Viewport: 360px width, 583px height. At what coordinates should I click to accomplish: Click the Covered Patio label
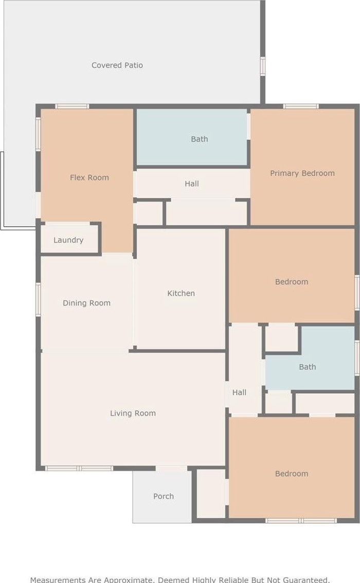pyautogui.click(x=117, y=65)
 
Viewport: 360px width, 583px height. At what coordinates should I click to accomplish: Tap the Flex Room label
pyautogui.click(x=89, y=177)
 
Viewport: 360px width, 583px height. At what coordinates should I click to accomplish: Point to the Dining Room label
pyautogui.click(x=86, y=303)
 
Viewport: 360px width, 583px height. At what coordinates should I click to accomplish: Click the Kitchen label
pyautogui.click(x=181, y=294)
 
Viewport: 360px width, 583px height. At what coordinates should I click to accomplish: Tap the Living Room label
pyautogui.click(x=133, y=413)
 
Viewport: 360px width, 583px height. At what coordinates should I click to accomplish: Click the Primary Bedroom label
pyautogui.click(x=302, y=173)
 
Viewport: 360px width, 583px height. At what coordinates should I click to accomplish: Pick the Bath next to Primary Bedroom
pyautogui.click(x=192, y=137)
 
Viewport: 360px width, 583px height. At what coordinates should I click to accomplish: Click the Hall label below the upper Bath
pyautogui.click(x=192, y=184)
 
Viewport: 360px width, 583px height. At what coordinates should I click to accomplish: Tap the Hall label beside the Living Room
pyautogui.click(x=240, y=392)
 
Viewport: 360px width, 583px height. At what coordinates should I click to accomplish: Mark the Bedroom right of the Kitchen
pyautogui.click(x=291, y=276)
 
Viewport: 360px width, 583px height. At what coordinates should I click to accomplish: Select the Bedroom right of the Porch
pyautogui.click(x=291, y=467)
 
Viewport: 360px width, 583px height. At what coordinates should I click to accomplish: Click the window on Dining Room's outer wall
pyautogui.click(x=38, y=299)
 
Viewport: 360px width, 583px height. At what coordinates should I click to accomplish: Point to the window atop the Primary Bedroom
pyautogui.click(x=301, y=106)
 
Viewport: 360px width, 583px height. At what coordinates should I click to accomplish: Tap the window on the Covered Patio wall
pyautogui.click(x=263, y=66)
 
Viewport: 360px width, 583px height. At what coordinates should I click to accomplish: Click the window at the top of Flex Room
pyautogui.click(x=72, y=106)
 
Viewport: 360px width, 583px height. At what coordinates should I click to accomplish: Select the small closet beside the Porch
pyautogui.click(x=211, y=494)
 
